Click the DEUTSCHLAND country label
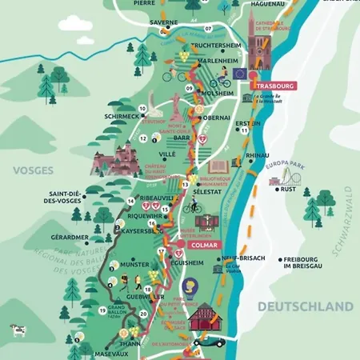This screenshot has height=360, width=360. point(304,306)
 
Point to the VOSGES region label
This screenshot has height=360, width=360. point(31,170)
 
